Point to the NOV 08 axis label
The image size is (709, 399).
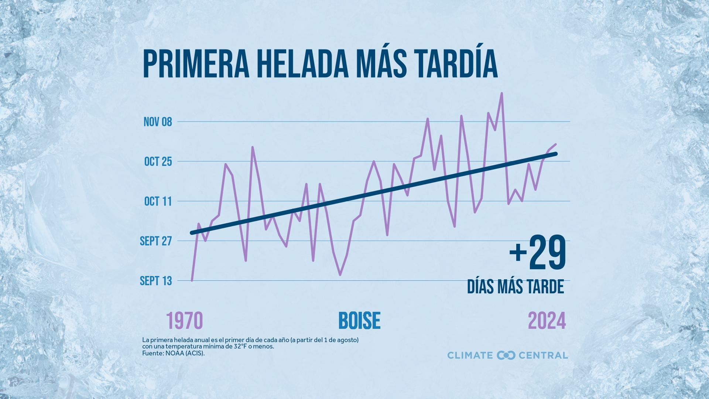pyautogui.click(x=158, y=122)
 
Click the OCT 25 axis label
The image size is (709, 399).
pyautogui.click(x=158, y=161)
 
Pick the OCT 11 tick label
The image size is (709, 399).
pyautogui.click(x=158, y=201)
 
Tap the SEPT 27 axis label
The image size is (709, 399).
pyautogui.click(x=156, y=241)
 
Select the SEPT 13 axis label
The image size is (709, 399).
pyautogui.click(x=156, y=281)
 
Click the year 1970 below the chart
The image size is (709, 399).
pyautogui.click(x=185, y=321)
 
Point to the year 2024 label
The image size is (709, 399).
pyautogui.click(x=547, y=321)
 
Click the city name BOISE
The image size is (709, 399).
pyautogui.click(x=359, y=321)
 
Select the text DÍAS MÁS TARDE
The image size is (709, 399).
pyautogui.click(x=516, y=287)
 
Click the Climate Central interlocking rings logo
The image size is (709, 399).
pyautogui.click(x=506, y=355)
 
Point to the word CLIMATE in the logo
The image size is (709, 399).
pyautogui.click(x=470, y=355)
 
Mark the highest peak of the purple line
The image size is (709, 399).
pyautogui.click(x=501, y=93)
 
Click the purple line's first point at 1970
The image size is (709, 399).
pyautogui.click(x=192, y=281)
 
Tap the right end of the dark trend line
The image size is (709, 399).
pyautogui.click(x=556, y=154)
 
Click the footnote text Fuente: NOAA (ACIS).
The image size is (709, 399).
pyautogui.click(x=173, y=353)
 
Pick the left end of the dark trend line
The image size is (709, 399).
pyautogui.click(x=192, y=233)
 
